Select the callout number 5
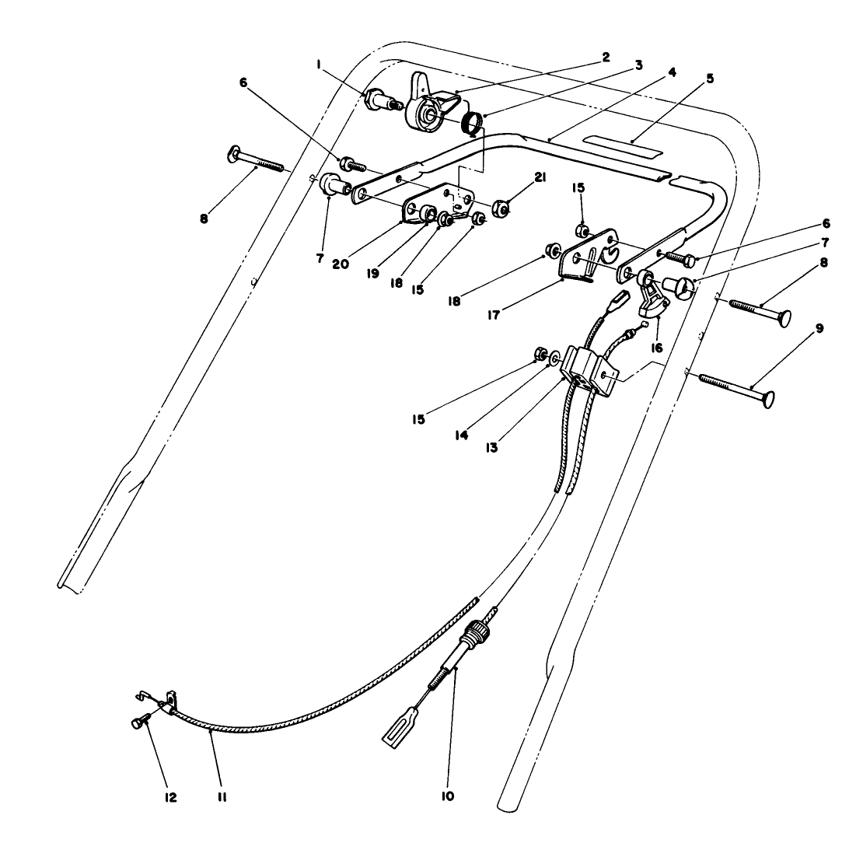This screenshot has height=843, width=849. tap(710, 79)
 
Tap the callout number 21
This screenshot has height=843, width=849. tap(540, 178)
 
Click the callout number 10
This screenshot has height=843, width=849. tap(449, 796)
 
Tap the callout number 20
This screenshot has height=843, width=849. tap(339, 264)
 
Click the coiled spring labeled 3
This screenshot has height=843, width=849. tap(472, 124)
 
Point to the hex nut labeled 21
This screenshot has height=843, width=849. tap(501, 208)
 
